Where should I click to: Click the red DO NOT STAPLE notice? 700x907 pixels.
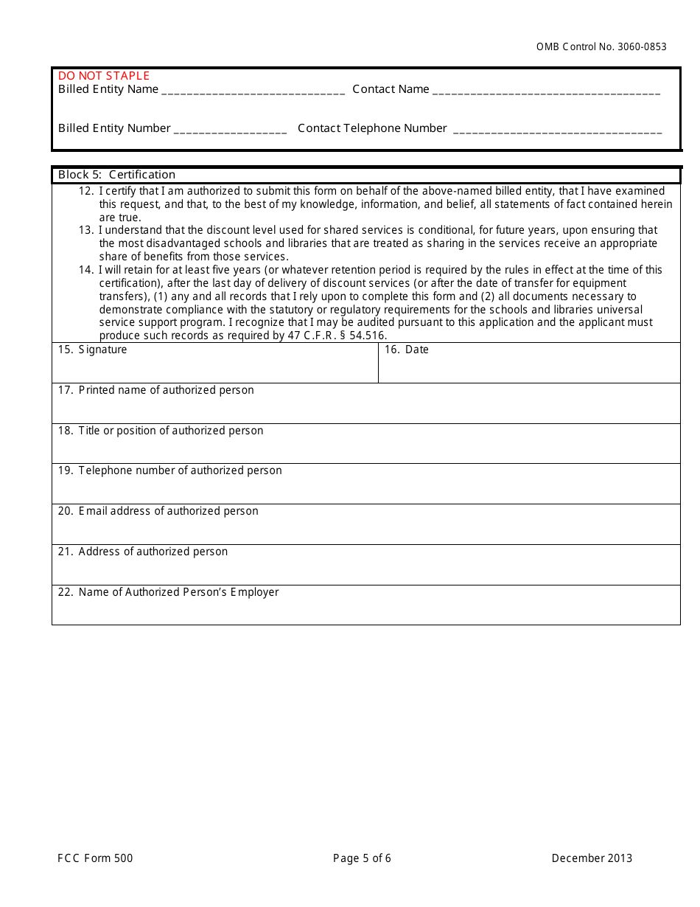tap(104, 76)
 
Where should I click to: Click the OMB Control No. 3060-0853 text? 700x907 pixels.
tap(601, 46)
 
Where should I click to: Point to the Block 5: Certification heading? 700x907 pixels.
tap(117, 175)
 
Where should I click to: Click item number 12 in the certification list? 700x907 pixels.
tap(86, 191)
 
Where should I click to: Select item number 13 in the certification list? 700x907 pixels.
tap(86, 230)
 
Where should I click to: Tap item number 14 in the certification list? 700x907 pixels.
tap(86, 270)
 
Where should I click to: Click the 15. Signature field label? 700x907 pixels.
tap(93, 350)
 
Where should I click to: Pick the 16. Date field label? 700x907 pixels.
tap(407, 350)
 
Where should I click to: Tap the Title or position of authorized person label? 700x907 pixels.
tap(161, 431)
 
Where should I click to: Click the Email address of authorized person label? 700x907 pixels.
tap(158, 511)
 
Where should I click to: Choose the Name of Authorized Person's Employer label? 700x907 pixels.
tap(169, 592)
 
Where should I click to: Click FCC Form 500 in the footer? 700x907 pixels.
tap(96, 858)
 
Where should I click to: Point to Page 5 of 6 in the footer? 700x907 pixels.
tap(362, 858)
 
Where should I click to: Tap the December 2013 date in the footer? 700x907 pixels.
tap(592, 858)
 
